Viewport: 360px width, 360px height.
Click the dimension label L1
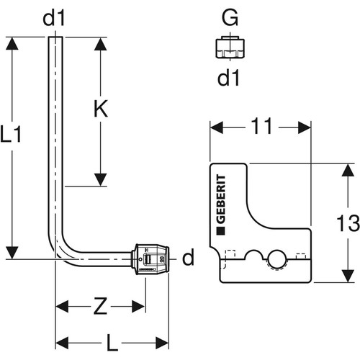tap(11, 135)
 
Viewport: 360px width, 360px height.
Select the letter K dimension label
tap(101, 109)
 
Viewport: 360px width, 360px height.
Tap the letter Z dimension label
tap(100, 306)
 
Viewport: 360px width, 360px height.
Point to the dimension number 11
tap(261, 126)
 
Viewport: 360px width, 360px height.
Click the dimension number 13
tap(348, 223)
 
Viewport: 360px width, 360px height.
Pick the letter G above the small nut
tap(230, 17)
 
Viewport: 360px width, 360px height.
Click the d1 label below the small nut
tap(228, 78)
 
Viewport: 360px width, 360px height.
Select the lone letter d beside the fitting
tap(188, 256)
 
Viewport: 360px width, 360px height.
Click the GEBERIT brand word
tap(221, 199)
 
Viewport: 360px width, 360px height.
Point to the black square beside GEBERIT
tap(221, 230)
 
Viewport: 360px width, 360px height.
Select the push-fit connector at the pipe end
tap(150, 259)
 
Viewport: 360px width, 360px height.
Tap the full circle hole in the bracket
tap(277, 259)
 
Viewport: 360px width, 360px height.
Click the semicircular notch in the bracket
tap(254, 253)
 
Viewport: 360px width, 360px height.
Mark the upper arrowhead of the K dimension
tap(101, 44)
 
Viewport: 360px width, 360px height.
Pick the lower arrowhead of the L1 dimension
tap(12, 253)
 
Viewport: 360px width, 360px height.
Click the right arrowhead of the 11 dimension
tap(305, 127)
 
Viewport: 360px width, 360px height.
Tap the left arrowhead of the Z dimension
tap(62, 306)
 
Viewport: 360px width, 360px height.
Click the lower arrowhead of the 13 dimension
tap(348, 276)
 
